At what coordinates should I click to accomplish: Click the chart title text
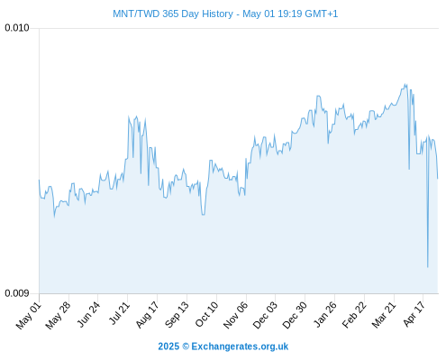(225, 14)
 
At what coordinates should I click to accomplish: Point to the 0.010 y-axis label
(17, 28)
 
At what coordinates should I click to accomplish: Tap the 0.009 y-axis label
(17, 293)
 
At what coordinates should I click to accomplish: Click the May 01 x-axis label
(29, 315)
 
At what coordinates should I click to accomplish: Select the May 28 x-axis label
(59, 315)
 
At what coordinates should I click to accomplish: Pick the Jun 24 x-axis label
(88, 315)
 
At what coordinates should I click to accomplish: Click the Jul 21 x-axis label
(119, 314)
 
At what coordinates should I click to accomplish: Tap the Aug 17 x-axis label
(148, 315)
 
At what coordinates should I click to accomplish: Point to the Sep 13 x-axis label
(177, 315)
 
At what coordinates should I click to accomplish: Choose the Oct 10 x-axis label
(207, 315)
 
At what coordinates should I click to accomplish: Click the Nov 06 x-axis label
(236, 315)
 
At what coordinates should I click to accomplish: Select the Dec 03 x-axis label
(265, 315)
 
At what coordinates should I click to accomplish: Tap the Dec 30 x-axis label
(295, 315)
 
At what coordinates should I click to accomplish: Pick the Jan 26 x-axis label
(324, 315)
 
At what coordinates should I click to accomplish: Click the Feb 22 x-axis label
(354, 315)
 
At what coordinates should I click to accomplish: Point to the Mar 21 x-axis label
(384, 315)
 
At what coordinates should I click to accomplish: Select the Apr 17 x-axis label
(414, 314)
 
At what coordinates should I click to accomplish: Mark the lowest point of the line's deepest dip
(428, 267)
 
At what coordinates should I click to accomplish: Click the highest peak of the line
(405, 84)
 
